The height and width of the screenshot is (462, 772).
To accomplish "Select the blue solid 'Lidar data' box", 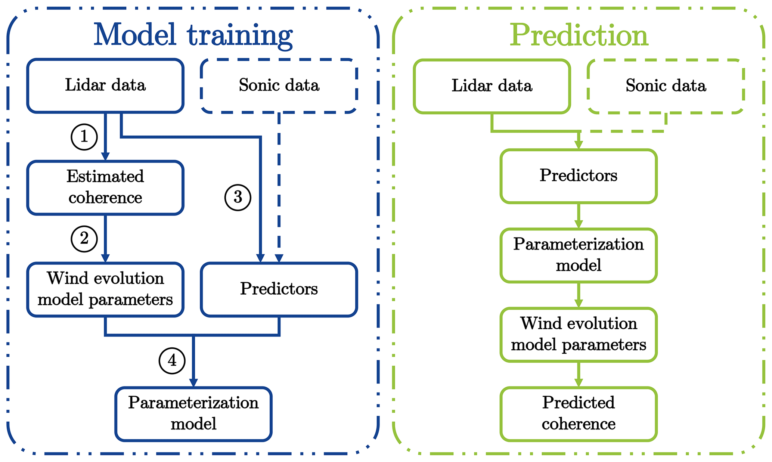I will click(105, 86).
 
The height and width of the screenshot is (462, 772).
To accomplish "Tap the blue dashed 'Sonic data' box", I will click(279, 86).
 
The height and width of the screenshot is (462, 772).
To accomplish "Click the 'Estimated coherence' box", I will click(105, 187).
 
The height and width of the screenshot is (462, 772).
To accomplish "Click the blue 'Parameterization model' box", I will click(193, 414).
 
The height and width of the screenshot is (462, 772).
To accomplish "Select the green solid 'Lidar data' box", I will click(492, 86).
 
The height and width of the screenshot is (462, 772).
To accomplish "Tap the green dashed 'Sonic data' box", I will click(666, 86).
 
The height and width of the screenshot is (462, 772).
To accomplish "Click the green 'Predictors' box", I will click(579, 176).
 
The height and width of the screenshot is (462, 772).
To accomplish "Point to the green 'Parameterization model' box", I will click(579, 255).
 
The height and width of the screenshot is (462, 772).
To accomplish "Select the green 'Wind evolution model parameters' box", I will click(579, 334).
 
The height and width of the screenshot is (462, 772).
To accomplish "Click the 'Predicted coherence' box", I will click(579, 414).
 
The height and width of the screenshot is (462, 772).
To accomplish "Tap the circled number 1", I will click(84, 137).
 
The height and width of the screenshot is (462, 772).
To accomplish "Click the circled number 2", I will click(84, 239).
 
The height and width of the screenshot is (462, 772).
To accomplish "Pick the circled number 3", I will click(238, 197).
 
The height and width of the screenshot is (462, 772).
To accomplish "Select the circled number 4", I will click(172, 361).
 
